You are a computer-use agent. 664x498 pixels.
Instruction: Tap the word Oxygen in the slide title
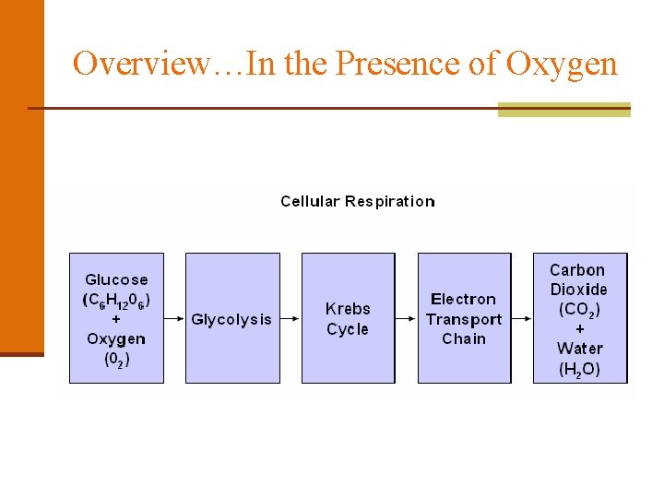pos(563,64)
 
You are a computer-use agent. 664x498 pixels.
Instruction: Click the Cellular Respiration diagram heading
pos(358,201)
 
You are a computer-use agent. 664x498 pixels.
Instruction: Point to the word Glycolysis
pos(231,319)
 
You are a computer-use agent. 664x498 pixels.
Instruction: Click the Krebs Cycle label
pos(348,319)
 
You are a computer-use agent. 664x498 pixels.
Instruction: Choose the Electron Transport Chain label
pos(464,319)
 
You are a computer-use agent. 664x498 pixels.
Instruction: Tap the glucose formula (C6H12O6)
pos(116,300)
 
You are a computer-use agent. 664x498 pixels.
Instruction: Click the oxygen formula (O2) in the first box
pos(116,359)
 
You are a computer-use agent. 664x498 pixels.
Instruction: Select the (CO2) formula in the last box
pos(579,309)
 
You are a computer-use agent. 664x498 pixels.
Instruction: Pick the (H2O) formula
pos(579,369)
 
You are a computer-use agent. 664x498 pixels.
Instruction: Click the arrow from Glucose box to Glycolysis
pos(173,318)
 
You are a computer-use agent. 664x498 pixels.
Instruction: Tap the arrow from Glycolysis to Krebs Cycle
pos(290,318)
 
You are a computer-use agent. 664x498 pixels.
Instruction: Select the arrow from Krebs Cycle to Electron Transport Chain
pos(406,318)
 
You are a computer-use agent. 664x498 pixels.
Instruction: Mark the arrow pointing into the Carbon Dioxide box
pos(522,318)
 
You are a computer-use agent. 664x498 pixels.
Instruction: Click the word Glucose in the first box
pos(116,279)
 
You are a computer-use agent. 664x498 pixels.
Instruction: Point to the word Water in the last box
pos(579,349)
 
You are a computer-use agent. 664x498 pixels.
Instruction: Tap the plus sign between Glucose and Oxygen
pos(115,319)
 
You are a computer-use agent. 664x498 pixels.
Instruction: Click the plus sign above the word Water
pos(579,329)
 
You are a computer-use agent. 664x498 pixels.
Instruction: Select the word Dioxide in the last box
pos(579,290)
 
